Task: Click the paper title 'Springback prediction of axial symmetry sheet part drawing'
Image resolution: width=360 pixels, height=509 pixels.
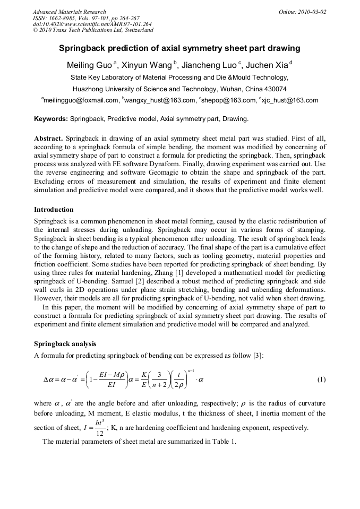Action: [x=179, y=48]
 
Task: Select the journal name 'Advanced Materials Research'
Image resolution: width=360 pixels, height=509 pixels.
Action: [x=70, y=11]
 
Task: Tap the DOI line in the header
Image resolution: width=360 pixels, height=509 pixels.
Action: [x=92, y=24]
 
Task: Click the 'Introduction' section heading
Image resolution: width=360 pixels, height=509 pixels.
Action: [x=54, y=210]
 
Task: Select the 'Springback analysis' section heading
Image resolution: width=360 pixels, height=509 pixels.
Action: [x=65, y=344]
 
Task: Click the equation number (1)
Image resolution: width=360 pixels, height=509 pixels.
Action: [x=321, y=379]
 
